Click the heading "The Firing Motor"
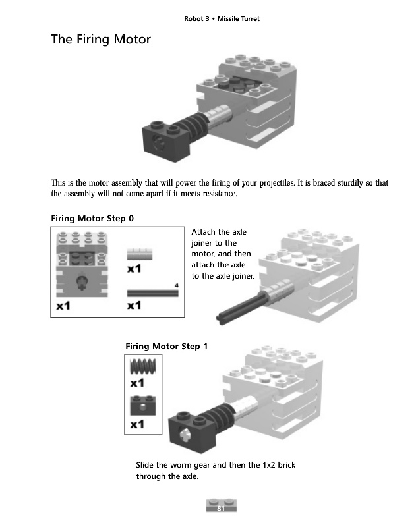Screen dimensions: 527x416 click(x=101, y=40)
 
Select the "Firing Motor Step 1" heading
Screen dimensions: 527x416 click(x=166, y=346)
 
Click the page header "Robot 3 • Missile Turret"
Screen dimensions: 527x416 click(x=222, y=19)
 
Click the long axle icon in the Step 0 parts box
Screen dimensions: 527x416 click(x=153, y=293)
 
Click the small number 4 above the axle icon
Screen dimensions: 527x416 click(x=177, y=285)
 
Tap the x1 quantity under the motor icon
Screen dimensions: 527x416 click(x=65, y=306)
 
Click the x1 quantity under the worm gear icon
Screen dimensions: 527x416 click(x=137, y=383)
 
